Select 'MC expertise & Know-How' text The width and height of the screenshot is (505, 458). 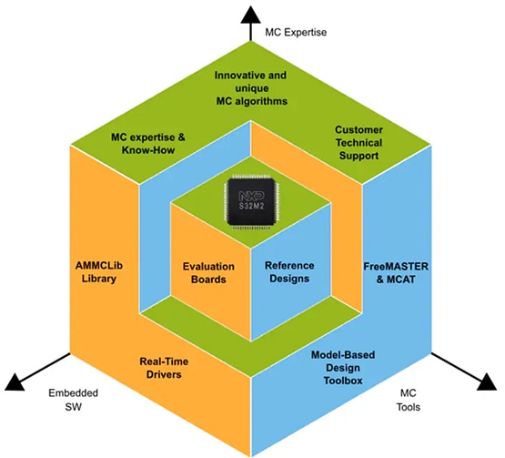pos(147,143)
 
